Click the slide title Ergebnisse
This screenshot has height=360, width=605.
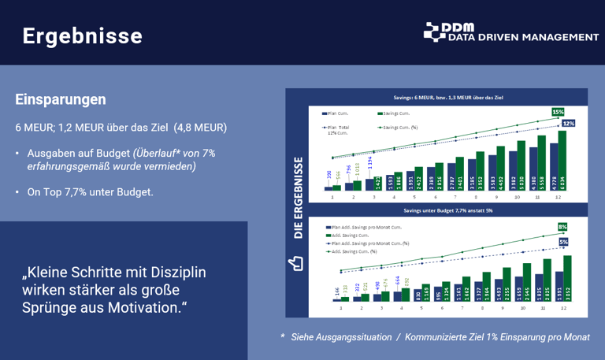point(82,36)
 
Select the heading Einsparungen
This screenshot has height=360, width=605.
point(61,100)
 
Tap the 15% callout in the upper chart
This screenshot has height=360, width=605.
point(557,112)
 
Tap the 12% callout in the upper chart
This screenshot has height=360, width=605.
point(568,123)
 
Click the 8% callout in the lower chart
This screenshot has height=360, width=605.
point(562,227)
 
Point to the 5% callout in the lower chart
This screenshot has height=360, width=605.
point(563,242)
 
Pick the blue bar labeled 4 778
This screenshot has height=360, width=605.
point(551,166)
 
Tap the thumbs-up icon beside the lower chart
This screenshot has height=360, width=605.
point(297,262)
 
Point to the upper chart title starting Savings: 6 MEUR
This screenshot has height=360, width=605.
point(448,98)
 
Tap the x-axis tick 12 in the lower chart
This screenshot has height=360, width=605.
point(562,307)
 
